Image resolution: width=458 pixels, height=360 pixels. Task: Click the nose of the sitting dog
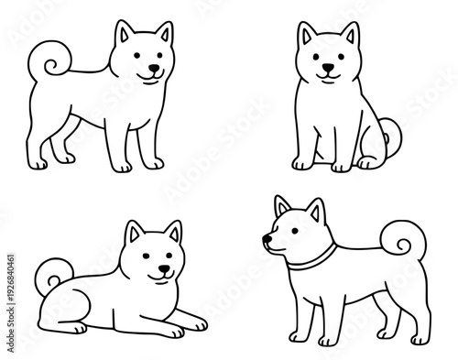click(x=325, y=67)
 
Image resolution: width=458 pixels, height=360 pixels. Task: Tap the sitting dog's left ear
click(x=306, y=37)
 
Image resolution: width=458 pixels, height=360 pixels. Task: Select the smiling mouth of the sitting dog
click(x=326, y=76)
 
